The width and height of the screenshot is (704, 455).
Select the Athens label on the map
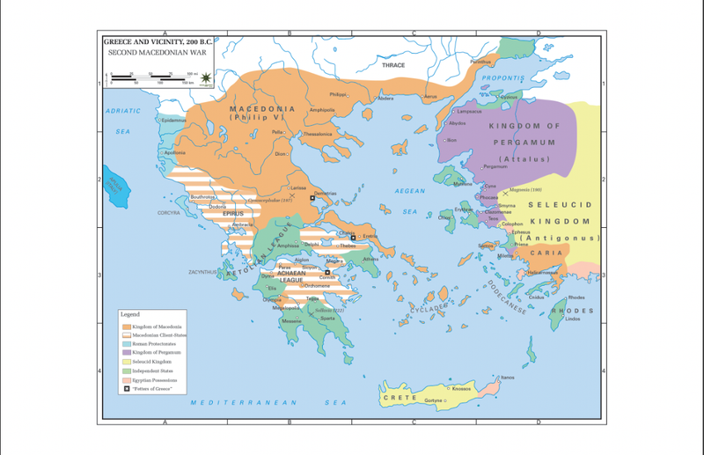coord(370,259)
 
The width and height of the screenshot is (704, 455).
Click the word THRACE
coord(393,65)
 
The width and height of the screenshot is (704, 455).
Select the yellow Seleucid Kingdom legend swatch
coord(126,362)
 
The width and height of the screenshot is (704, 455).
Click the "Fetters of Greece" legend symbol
coord(126,388)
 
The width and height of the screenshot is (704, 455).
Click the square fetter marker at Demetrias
coord(312,200)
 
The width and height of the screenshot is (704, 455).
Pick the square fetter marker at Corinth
coord(326,272)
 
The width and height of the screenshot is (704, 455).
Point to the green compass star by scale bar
coord(205,80)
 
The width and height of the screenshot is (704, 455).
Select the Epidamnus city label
coord(173,121)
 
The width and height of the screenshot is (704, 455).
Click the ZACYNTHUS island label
coord(202,272)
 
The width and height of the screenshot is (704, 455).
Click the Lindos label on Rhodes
coord(573,318)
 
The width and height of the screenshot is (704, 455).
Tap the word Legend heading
coord(130,314)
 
